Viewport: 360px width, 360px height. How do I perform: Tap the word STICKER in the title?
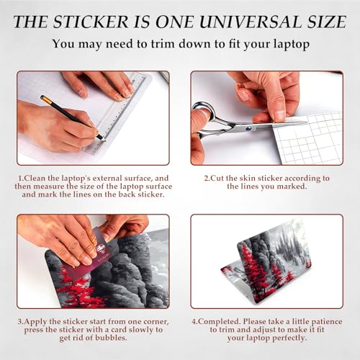(x=91, y=22)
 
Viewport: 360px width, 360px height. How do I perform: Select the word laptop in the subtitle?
(x=292, y=45)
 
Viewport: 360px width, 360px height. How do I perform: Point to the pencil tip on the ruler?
(x=104, y=140)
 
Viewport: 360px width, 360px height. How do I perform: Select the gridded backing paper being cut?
(x=308, y=139)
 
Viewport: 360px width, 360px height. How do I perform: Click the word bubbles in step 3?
(x=111, y=338)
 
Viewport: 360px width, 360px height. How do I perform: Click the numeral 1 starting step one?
(x=20, y=179)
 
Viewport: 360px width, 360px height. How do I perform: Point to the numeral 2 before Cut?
(x=206, y=179)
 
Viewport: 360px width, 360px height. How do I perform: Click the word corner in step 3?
(x=156, y=322)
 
